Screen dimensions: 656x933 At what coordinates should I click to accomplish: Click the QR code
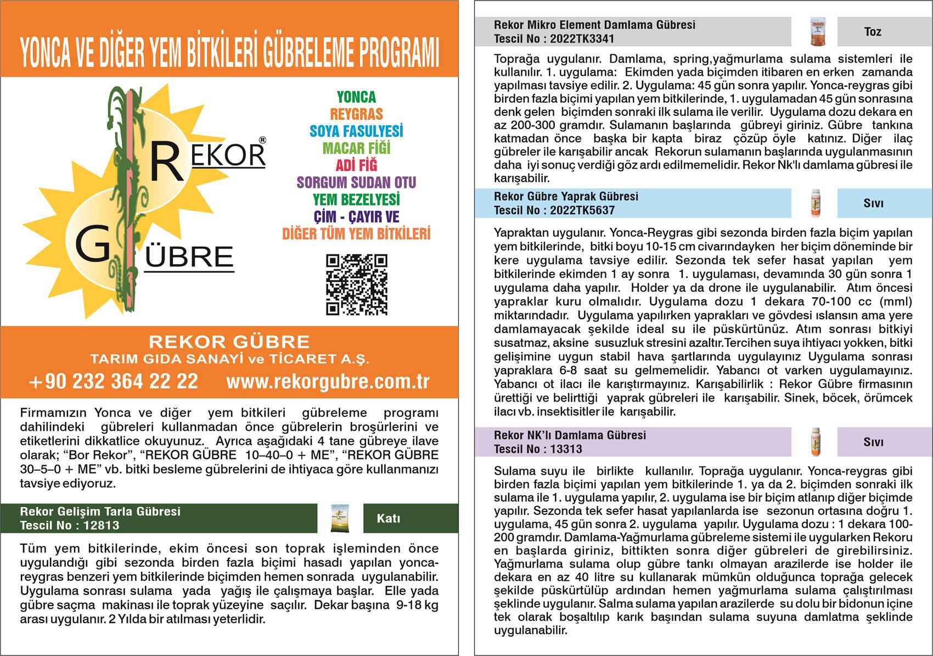tap(357, 285)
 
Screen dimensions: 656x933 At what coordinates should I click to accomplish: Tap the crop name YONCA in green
tap(356, 97)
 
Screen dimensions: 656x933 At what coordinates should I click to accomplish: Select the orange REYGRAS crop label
tap(356, 114)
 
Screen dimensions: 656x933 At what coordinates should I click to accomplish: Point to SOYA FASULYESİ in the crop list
tap(356, 131)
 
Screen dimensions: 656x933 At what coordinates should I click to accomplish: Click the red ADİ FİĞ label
tap(356, 165)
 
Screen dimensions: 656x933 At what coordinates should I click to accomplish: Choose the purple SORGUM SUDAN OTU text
tap(356, 182)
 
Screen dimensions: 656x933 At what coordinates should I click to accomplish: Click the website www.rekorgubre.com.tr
tap(328, 381)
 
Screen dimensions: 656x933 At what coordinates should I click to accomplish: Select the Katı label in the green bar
tap(389, 519)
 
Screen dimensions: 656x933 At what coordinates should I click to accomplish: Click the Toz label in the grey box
tap(873, 32)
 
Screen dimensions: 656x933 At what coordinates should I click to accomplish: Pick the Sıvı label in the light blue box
tap(873, 203)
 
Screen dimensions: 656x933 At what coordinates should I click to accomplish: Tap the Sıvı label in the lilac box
tap(873, 442)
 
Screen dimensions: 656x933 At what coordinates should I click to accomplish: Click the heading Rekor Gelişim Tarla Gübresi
tap(100, 512)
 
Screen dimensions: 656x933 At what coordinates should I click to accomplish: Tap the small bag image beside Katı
tap(340, 518)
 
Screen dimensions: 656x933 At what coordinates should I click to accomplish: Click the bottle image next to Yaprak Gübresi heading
tap(814, 203)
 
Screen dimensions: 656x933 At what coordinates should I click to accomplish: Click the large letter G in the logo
tap(92, 246)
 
